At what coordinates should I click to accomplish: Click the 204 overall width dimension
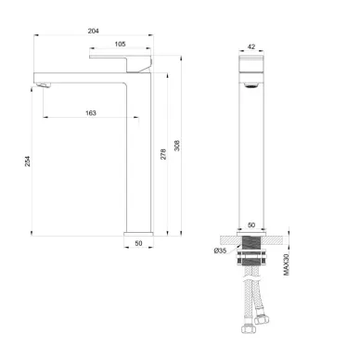pyautogui.click(x=93, y=31)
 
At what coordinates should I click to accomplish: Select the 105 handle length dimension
pyautogui.click(x=120, y=45)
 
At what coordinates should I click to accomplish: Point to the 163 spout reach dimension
pyautogui.click(x=91, y=113)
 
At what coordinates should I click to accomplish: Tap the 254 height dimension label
pyautogui.click(x=28, y=161)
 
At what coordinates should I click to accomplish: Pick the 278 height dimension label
pyautogui.click(x=163, y=154)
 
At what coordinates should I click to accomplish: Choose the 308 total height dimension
pyautogui.click(x=177, y=146)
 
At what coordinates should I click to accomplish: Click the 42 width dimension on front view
pyautogui.click(x=251, y=46)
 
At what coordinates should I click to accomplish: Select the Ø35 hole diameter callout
pyautogui.click(x=220, y=251)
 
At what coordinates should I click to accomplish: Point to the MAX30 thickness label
pyautogui.click(x=287, y=264)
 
